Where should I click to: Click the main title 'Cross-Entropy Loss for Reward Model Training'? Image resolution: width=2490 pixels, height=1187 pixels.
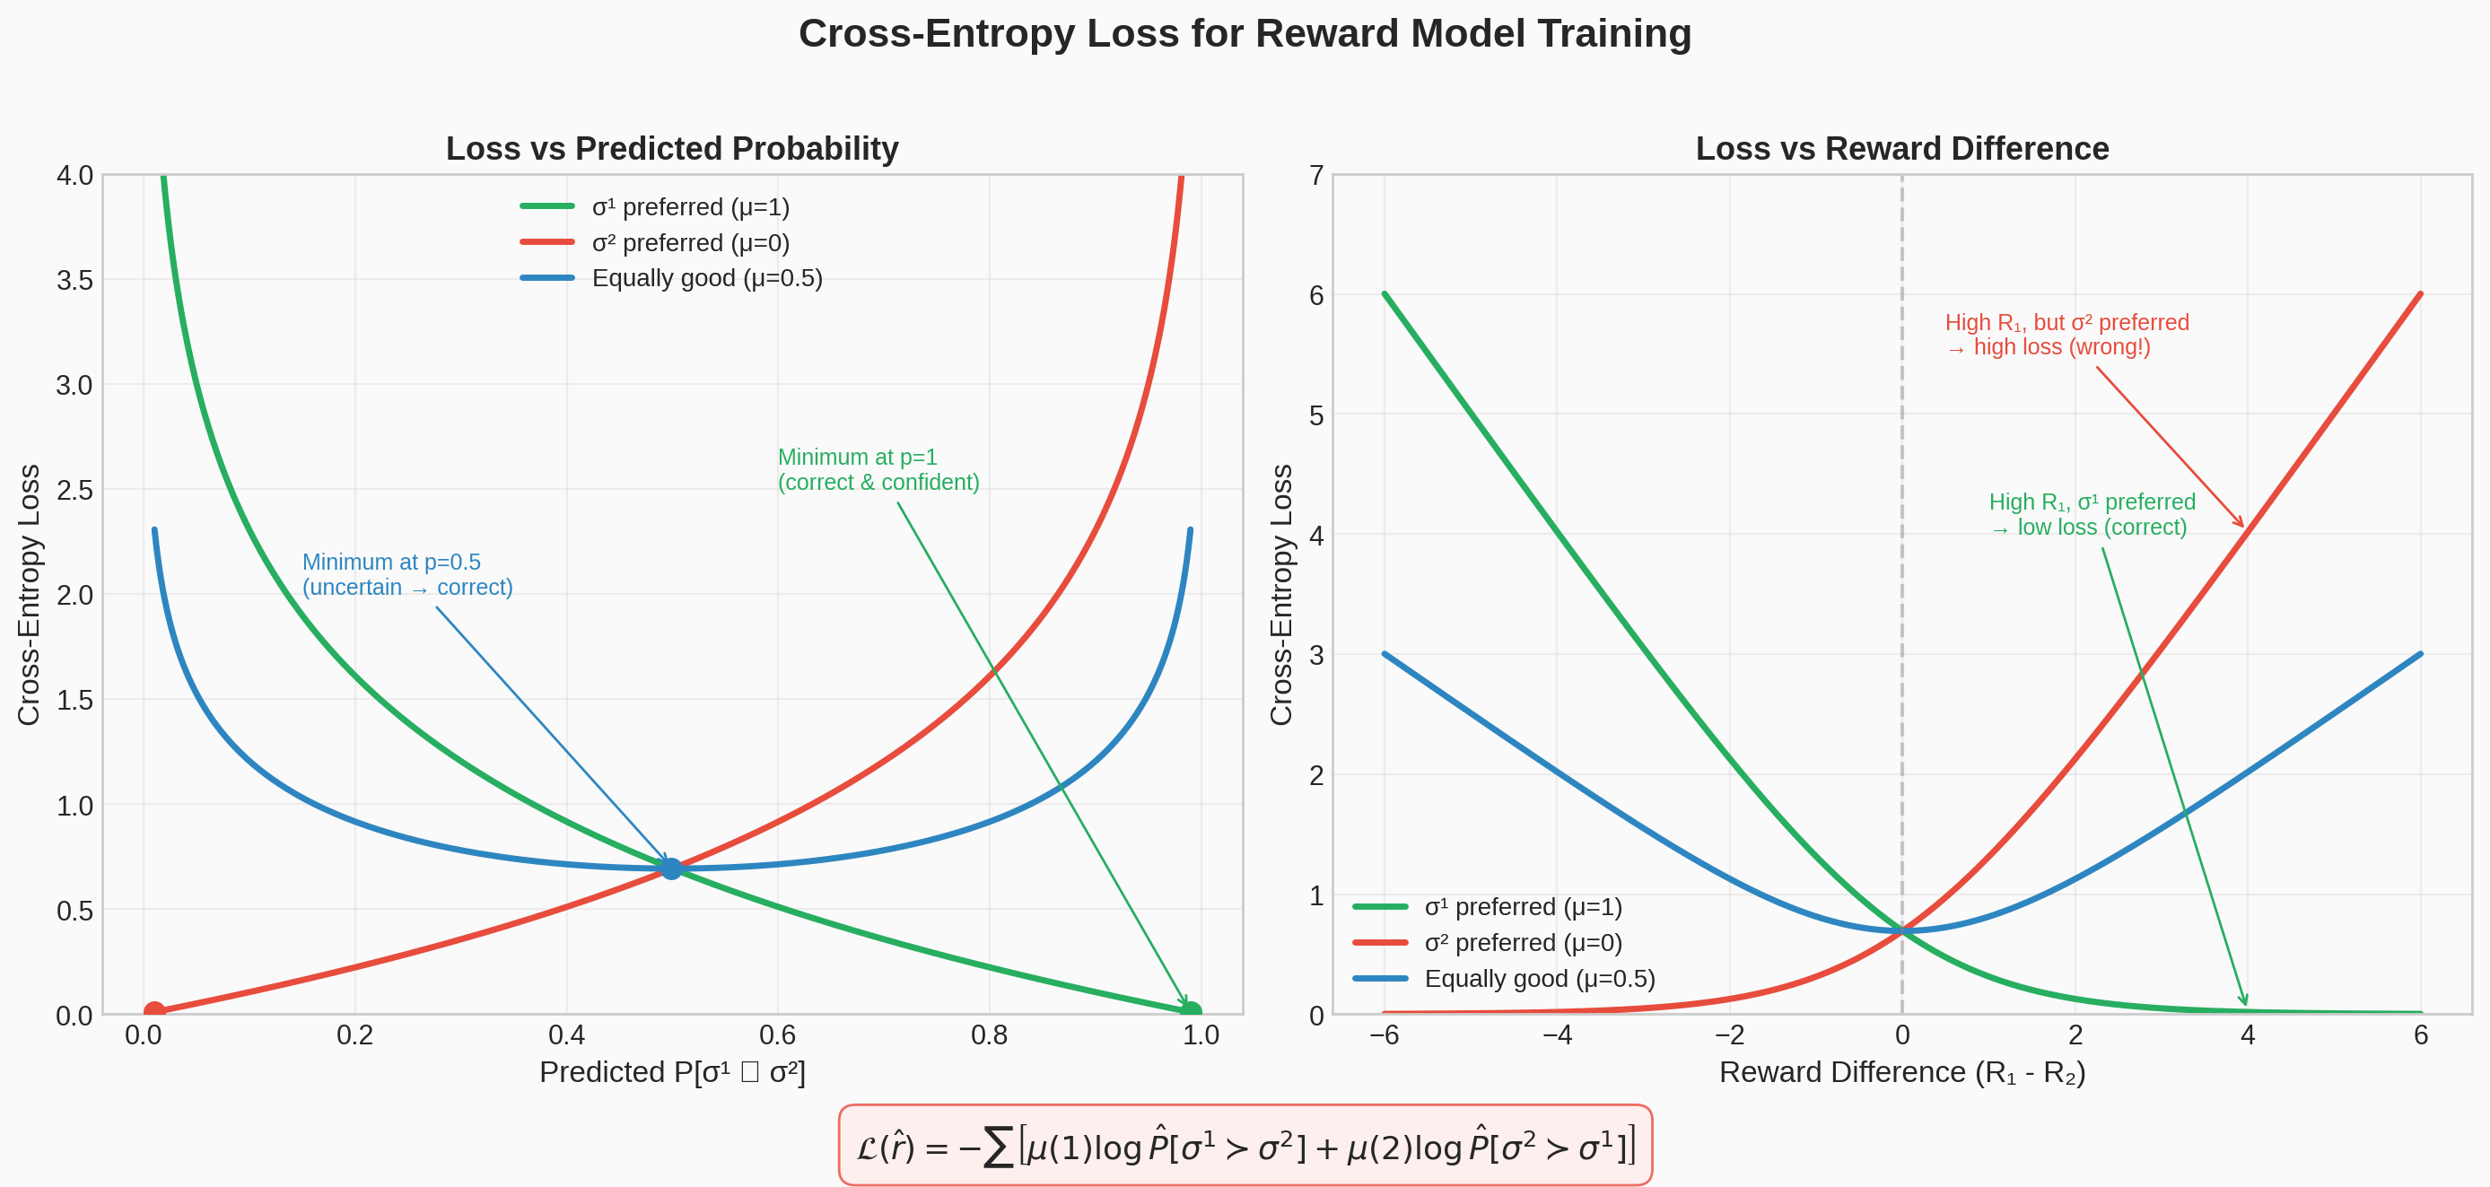coord(1245,34)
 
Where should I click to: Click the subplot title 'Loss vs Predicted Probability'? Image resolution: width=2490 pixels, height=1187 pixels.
coord(672,149)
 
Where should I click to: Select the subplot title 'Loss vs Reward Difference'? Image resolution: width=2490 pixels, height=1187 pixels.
coord(1901,149)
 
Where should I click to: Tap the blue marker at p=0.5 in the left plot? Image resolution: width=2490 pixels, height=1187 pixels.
coord(671,868)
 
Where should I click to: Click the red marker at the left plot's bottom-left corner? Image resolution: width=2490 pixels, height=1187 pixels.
coord(153,1011)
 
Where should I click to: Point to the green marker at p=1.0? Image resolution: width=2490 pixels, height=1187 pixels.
coord(1191,1011)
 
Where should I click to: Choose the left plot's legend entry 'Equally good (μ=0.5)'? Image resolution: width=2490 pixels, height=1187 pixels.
coord(705,278)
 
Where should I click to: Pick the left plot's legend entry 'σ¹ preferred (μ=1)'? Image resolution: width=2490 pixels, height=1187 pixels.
coord(690,207)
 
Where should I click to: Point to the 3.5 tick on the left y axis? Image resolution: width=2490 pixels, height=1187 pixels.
coord(74,280)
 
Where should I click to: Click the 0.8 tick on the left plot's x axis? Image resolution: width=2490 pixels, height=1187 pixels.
coord(989,1035)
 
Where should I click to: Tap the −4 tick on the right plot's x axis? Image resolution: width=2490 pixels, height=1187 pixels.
coord(1556,1035)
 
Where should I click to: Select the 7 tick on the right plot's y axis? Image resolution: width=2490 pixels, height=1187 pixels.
coord(1315,176)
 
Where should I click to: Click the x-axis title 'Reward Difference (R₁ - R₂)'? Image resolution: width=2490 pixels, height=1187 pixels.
coord(1901,1072)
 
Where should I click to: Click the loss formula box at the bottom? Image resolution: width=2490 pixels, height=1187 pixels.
coord(1245,1146)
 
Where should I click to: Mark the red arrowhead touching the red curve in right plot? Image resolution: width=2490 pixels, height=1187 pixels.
coord(2241,524)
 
